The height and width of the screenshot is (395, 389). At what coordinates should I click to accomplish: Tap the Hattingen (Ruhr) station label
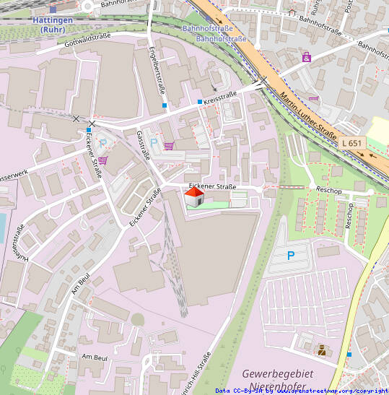pos(53,25)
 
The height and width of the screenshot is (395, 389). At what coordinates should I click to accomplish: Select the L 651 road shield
pos(352,144)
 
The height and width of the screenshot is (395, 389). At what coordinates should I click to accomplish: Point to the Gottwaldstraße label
pos(89,45)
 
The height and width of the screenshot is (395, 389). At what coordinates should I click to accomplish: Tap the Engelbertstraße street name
pos(157,71)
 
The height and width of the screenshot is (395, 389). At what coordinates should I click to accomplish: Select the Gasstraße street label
pos(143,146)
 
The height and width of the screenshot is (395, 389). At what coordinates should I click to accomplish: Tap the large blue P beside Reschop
pos(291,256)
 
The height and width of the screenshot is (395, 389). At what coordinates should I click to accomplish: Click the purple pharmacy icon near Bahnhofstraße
pos(307,56)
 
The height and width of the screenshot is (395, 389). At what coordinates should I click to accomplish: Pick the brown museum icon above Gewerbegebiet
pos(321,350)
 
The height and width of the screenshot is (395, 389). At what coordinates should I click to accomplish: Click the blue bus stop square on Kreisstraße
pos(200,102)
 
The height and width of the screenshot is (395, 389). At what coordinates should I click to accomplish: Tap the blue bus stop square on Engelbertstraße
pos(165,106)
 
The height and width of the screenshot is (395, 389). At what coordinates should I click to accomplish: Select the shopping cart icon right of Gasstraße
pos(169,145)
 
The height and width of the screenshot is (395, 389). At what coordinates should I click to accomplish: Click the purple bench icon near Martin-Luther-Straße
pos(313,99)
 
